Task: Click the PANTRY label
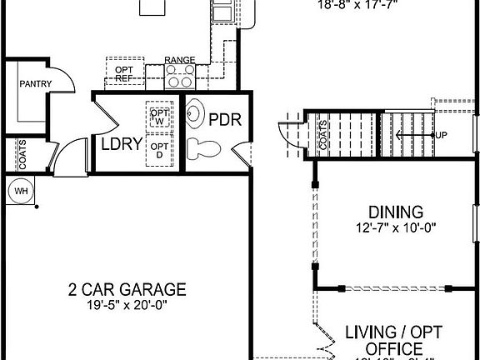pyautogui.click(x=37, y=83)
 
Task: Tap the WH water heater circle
pyautogui.click(x=19, y=190)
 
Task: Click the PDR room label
pyautogui.click(x=224, y=119)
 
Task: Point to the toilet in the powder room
pyautogui.click(x=202, y=150)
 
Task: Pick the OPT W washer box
pyautogui.click(x=158, y=115)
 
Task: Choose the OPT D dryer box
pyautogui.click(x=158, y=151)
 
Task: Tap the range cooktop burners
pyautogui.click(x=180, y=77)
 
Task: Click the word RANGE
pyautogui.click(x=180, y=60)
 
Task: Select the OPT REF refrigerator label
pyautogui.click(x=124, y=72)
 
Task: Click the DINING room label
pyautogui.click(x=396, y=212)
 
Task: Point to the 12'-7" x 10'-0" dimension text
pyautogui.click(x=396, y=227)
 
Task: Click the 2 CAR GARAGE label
pyautogui.click(x=127, y=290)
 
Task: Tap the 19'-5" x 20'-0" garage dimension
pyautogui.click(x=127, y=305)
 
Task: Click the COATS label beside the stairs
pyautogui.click(x=323, y=135)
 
